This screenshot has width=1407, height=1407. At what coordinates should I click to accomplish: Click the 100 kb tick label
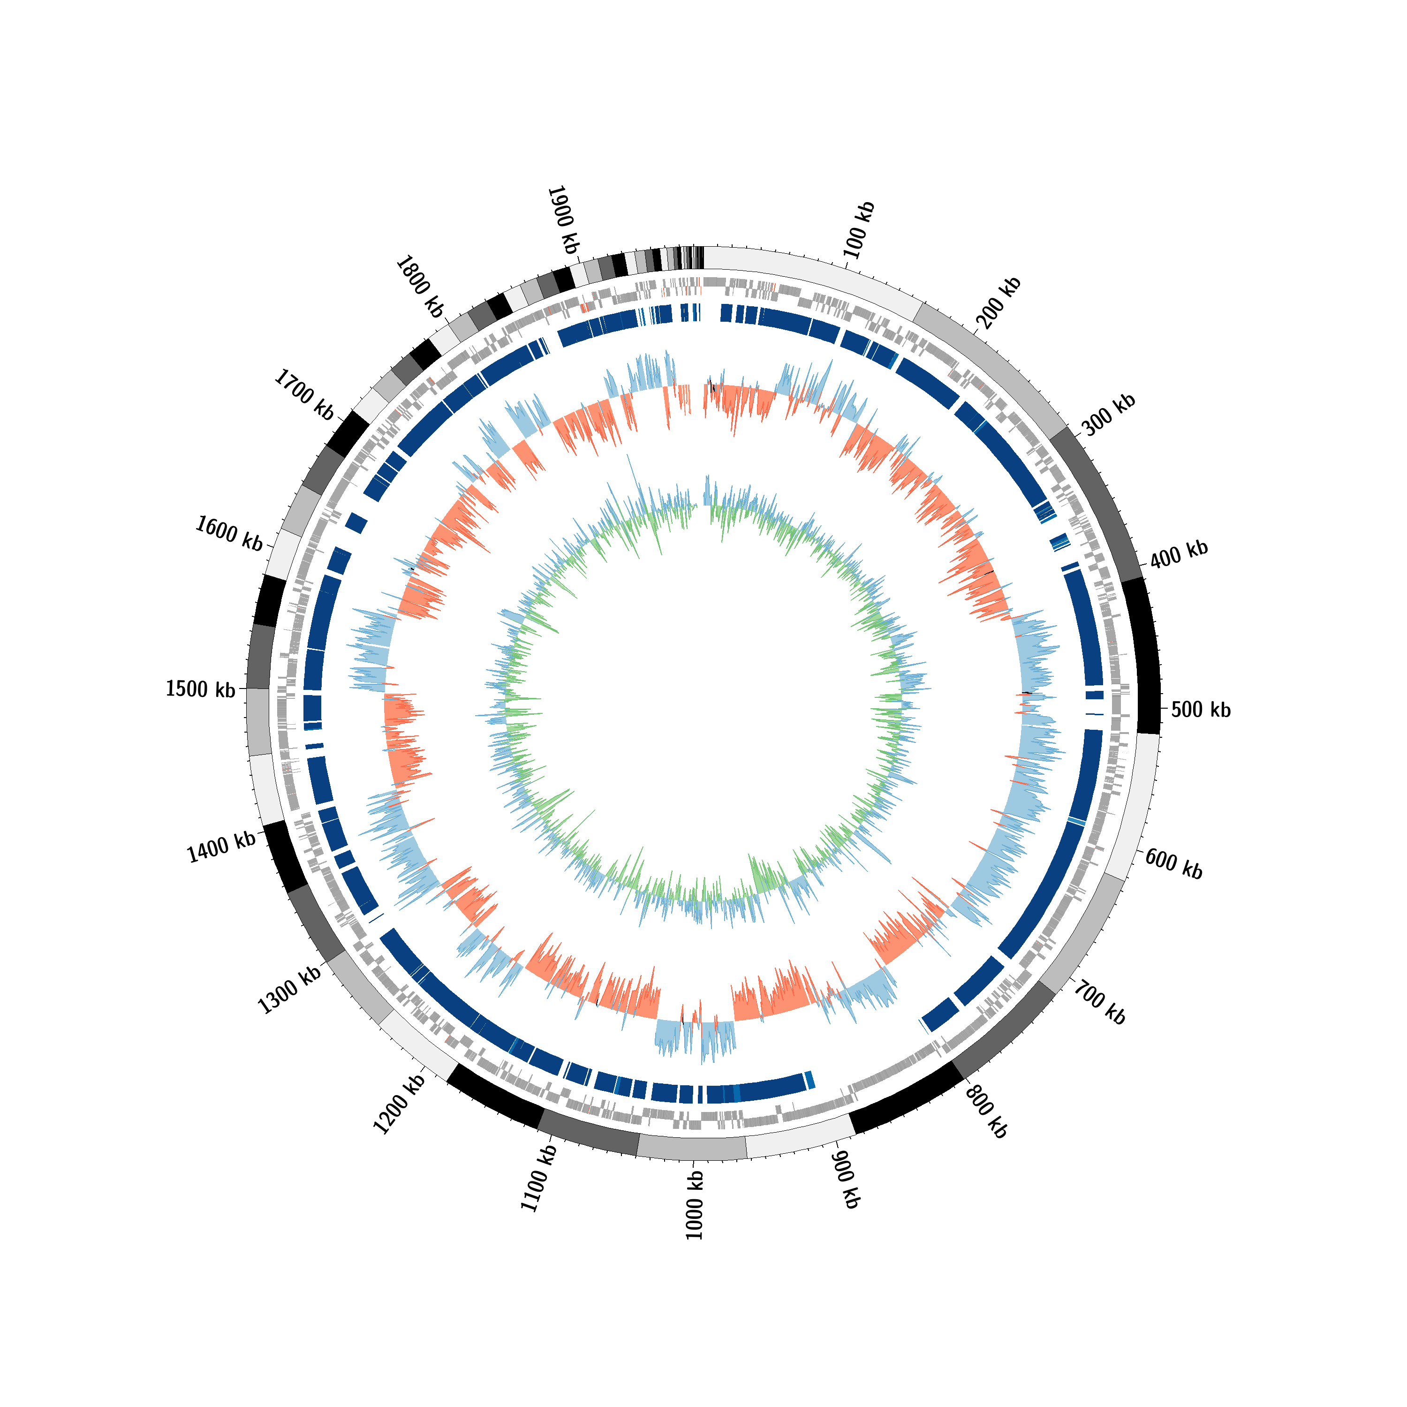[859, 230]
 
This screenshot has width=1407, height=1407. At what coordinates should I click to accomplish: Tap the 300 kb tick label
[1108, 415]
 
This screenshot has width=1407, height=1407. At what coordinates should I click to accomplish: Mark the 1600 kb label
[229, 534]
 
